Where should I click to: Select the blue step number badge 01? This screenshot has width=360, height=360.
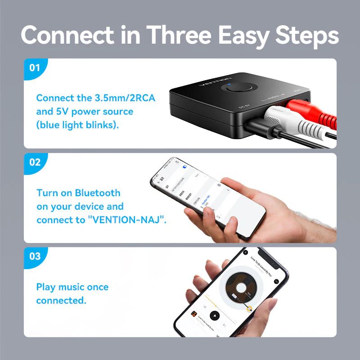click(35, 68)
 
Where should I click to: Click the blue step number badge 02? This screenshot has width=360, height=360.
click(35, 162)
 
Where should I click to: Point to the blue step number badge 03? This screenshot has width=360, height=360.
click(35, 256)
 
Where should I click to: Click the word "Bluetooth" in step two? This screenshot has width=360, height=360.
click(98, 193)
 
